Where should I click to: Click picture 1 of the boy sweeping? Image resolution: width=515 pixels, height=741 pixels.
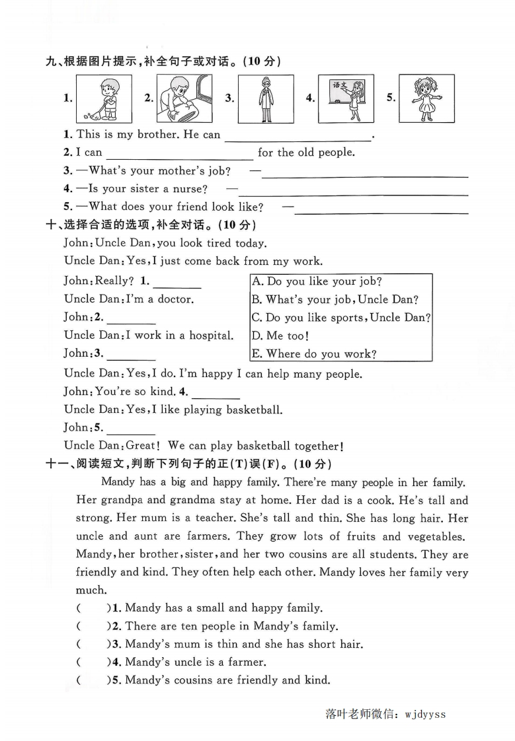coord(104,98)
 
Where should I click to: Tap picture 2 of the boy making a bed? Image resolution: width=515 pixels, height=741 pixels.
coord(184,98)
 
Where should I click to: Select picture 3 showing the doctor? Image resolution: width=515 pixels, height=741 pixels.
coord(266,98)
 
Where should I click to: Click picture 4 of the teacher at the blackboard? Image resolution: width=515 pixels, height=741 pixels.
coord(346,98)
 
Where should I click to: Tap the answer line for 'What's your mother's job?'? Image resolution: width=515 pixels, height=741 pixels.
coord(365,174)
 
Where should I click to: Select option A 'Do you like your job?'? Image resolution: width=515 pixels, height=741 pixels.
coord(317,281)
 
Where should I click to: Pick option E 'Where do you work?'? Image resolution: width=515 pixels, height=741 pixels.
coord(314,354)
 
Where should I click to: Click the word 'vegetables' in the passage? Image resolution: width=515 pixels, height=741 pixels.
coord(434,536)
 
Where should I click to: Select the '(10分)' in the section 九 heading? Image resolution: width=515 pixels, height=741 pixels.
coord(262,61)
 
